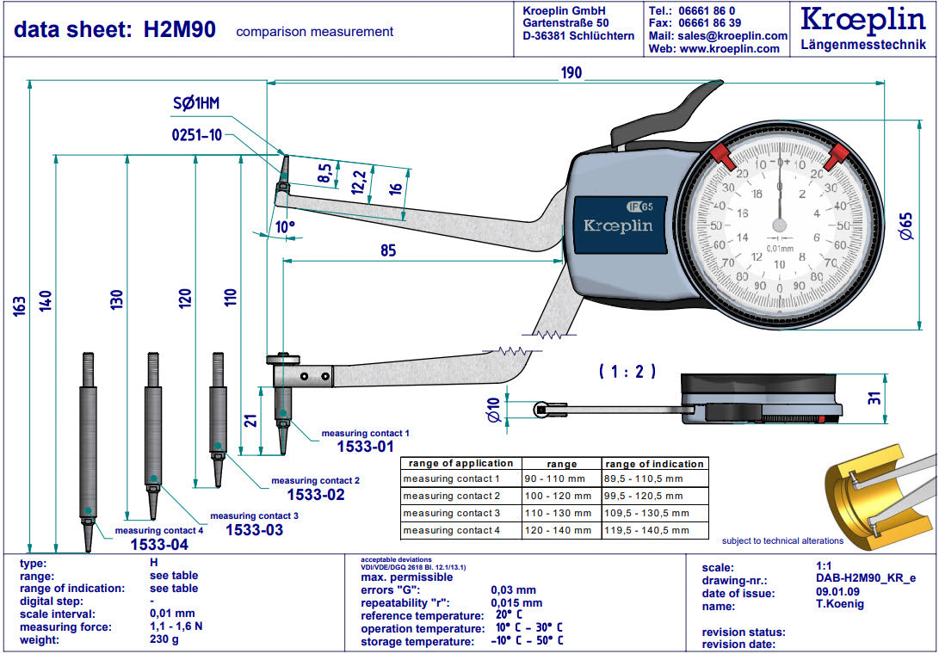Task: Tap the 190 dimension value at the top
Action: click(x=571, y=73)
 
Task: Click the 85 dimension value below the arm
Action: click(x=387, y=251)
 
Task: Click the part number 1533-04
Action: click(x=159, y=545)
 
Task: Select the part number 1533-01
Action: click(x=365, y=446)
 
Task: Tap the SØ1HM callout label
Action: click(x=196, y=104)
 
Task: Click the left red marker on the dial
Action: click(x=721, y=156)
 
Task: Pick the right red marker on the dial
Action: click(x=836, y=156)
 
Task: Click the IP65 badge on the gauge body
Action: click(x=639, y=206)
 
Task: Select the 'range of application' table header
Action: click(x=460, y=464)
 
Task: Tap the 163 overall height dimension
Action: click(x=19, y=305)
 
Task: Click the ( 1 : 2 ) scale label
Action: click(x=627, y=372)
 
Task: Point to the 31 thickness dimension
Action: click(x=898, y=398)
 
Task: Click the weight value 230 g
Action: click(x=164, y=640)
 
